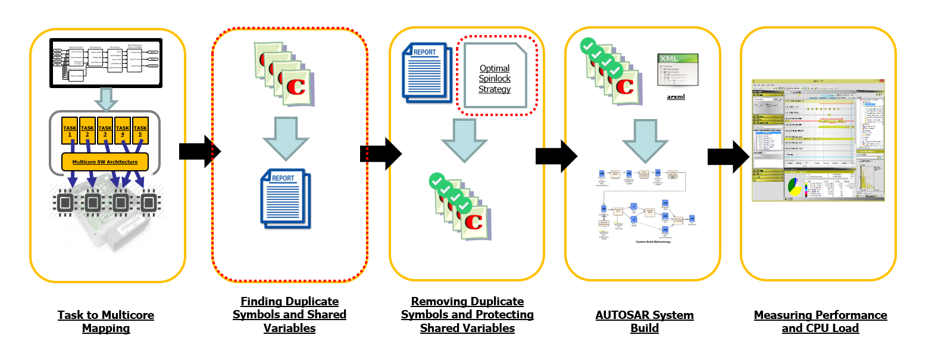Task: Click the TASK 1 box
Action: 70,130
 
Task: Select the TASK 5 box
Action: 140,130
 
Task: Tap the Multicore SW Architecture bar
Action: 105,162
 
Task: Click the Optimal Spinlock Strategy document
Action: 495,76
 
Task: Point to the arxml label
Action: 676,96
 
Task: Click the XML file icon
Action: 677,69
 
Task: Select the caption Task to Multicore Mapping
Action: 106,321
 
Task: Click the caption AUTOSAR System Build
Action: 645,321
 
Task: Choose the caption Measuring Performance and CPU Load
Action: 820,321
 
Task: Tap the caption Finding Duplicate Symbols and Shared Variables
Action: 289,315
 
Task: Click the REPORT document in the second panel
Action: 286,199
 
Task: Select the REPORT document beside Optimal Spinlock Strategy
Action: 427,72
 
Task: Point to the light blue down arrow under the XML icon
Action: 645,140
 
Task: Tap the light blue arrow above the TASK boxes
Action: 106,99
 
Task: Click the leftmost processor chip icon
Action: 64,204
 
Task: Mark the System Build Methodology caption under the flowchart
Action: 653,242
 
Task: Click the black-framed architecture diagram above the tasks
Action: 106,62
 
